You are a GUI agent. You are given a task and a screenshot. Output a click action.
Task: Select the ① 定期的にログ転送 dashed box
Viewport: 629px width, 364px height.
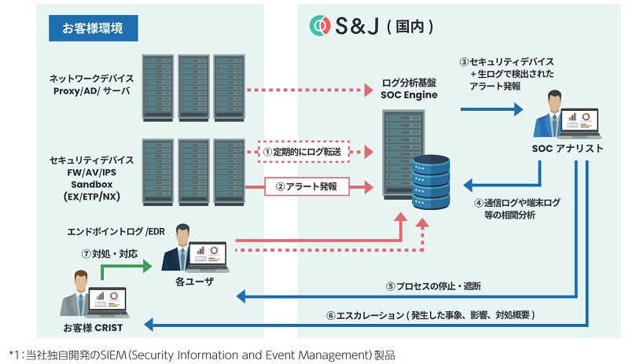[x=303, y=150]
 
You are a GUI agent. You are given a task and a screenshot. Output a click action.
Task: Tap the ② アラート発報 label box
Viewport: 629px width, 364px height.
[x=303, y=188]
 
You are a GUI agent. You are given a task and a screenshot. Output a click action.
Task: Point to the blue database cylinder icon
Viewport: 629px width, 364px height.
[x=432, y=182]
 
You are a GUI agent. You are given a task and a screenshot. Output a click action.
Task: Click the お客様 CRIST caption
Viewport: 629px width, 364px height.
[x=93, y=325]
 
